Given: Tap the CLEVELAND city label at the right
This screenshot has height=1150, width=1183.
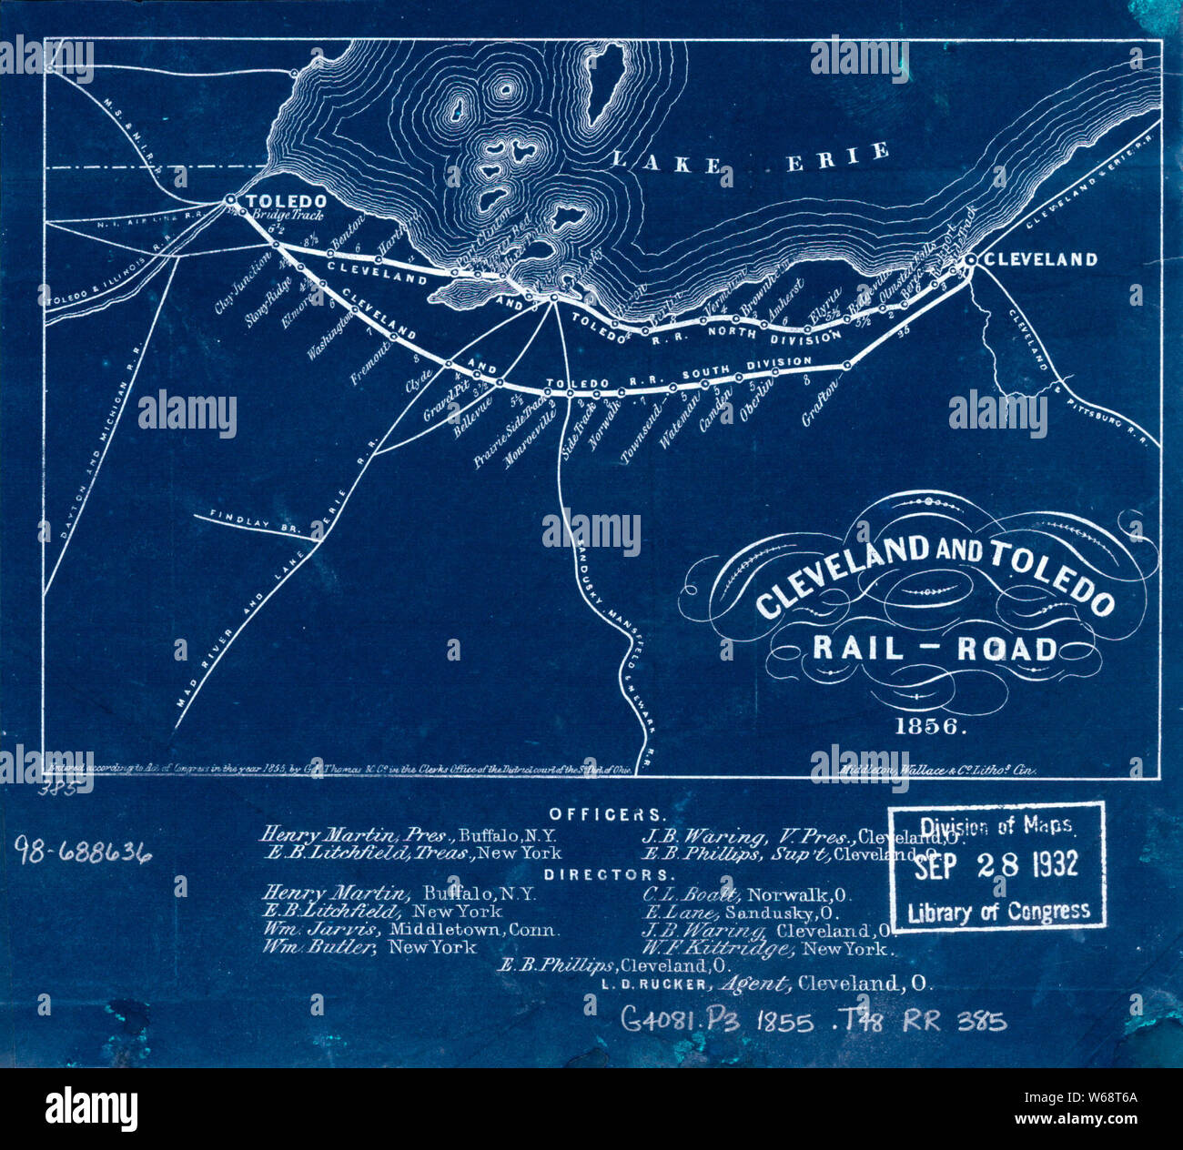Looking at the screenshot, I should (x=1041, y=259).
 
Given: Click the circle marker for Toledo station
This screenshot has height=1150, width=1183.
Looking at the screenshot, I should (x=230, y=199).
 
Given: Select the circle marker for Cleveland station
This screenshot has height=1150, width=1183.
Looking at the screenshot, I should (x=970, y=260).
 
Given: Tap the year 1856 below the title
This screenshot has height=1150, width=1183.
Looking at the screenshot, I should (x=931, y=727).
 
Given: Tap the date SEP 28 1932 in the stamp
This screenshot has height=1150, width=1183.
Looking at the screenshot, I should (x=996, y=864).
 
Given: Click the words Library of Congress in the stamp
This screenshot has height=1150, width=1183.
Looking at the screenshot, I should (x=998, y=912).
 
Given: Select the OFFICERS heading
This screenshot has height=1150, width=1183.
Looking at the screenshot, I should (x=607, y=814).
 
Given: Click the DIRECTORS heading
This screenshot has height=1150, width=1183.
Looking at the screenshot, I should (x=606, y=874).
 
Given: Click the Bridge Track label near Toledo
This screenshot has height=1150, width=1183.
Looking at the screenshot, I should (x=282, y=217).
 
